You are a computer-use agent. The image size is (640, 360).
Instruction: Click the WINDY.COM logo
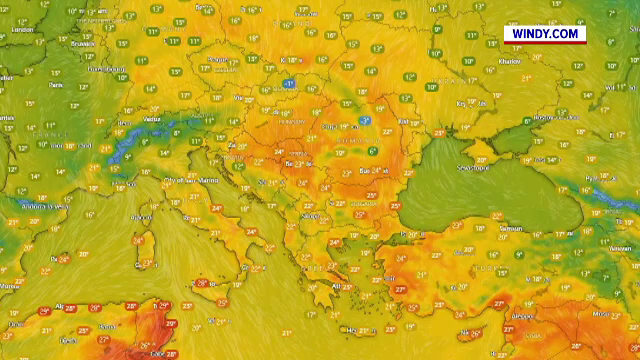(x=544, y=34)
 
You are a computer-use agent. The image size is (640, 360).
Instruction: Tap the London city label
(x=21, y=30)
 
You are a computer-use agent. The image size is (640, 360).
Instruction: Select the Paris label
(x=55, y=86)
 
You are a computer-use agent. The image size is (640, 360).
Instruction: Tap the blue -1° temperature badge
(x=288, y=83)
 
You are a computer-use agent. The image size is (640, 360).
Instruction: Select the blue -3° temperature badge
(x=365, y=120)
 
